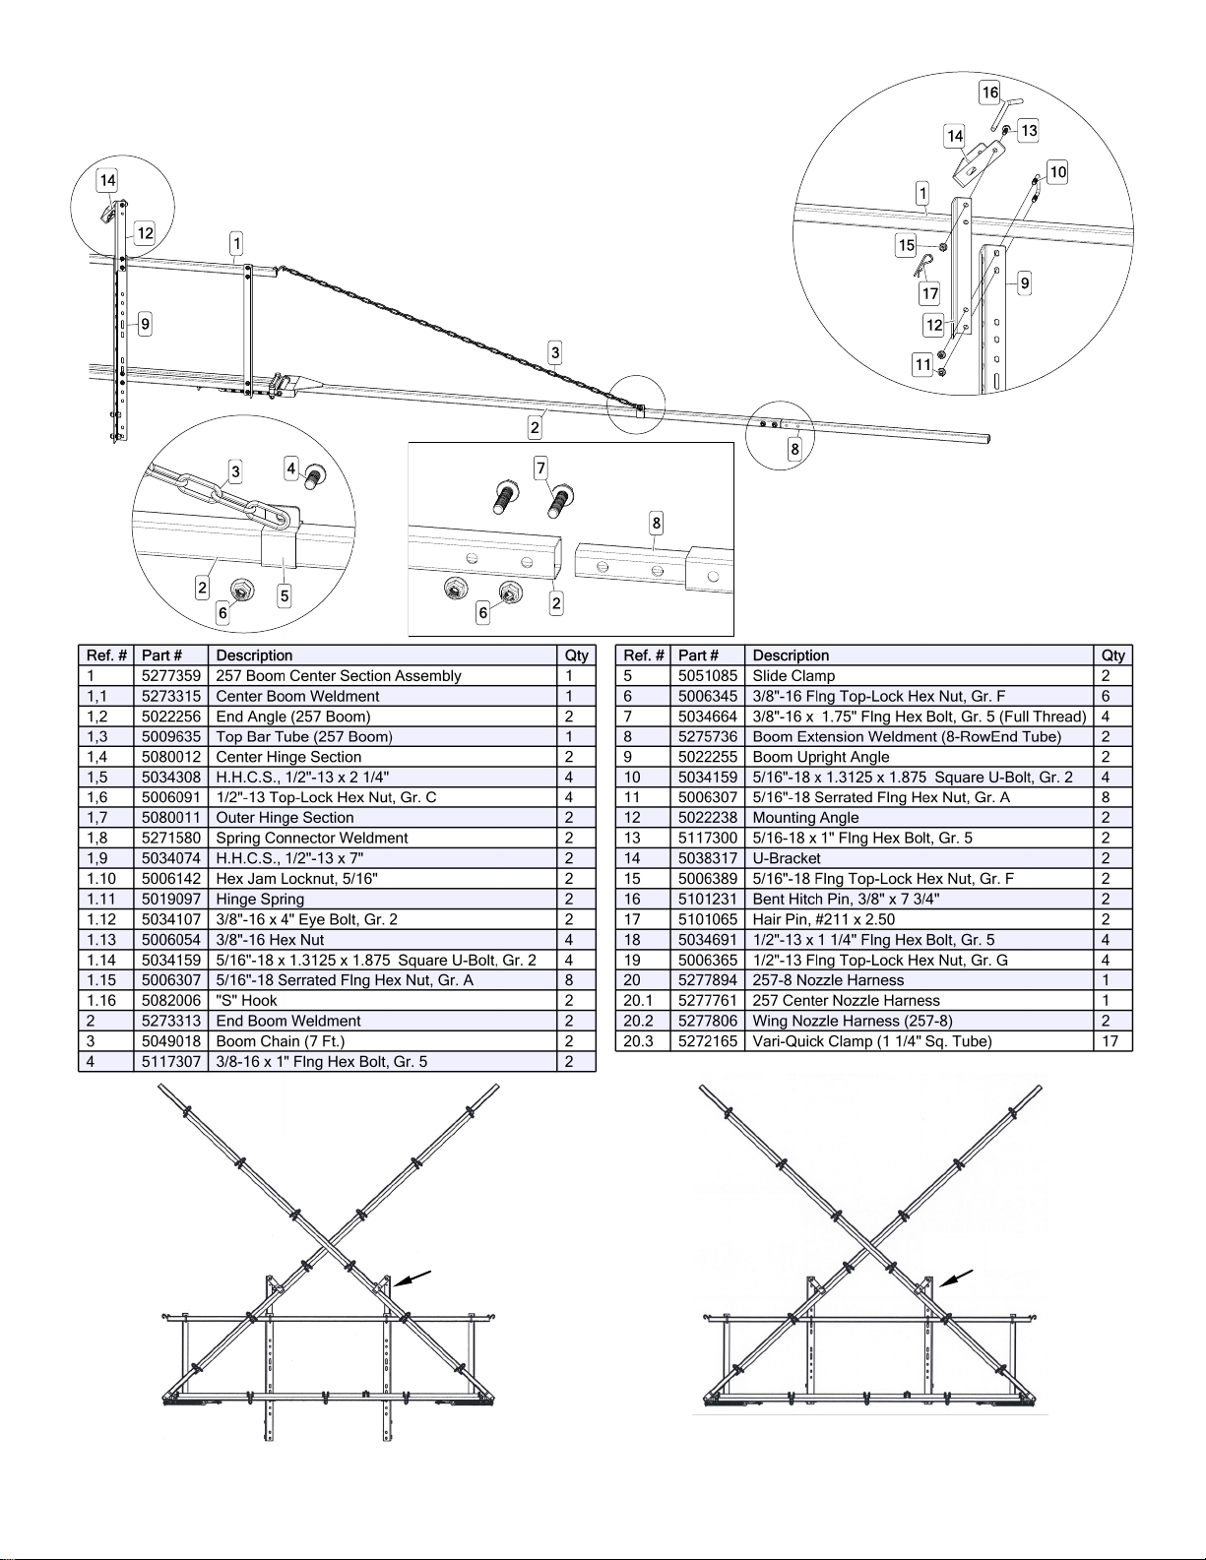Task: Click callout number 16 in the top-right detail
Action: pyautogui.click(x=990, y=92)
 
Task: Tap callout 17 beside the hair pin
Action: pyautogui.click(x=929, y=293)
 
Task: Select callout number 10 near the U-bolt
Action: pyautogui.click(x=1057, y=172)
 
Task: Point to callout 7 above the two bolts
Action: pyautogui.click(x=540, y=468)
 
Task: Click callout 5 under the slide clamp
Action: pyautogui.click(x=285, y=595)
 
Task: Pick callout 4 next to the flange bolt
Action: pyautogui.click(x=290, y=468)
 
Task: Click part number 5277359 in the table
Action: pyautogui.click(x=171, y=675)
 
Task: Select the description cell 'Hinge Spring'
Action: pyautogui.click(x=260, y=899)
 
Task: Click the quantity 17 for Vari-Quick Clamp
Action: pyautogui.click(x=1110, y=1041)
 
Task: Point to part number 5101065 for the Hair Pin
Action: pyautogui.click(x=708, y=919)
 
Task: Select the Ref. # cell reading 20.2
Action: pyautogui.click(x=638, y=1021)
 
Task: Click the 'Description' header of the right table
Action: pyautogui.click(x=791, y=655)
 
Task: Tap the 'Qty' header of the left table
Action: pyautogui.click(x=577, y=655)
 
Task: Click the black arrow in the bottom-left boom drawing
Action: pyautogui.click(x=413, y=1279)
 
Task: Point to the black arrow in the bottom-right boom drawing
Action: pyautogui.click(x=956, y=1278)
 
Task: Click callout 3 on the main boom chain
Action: pyautogui.click(x=554, y=352)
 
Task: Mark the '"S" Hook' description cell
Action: pyautogui.click(x=246, y=1000)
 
